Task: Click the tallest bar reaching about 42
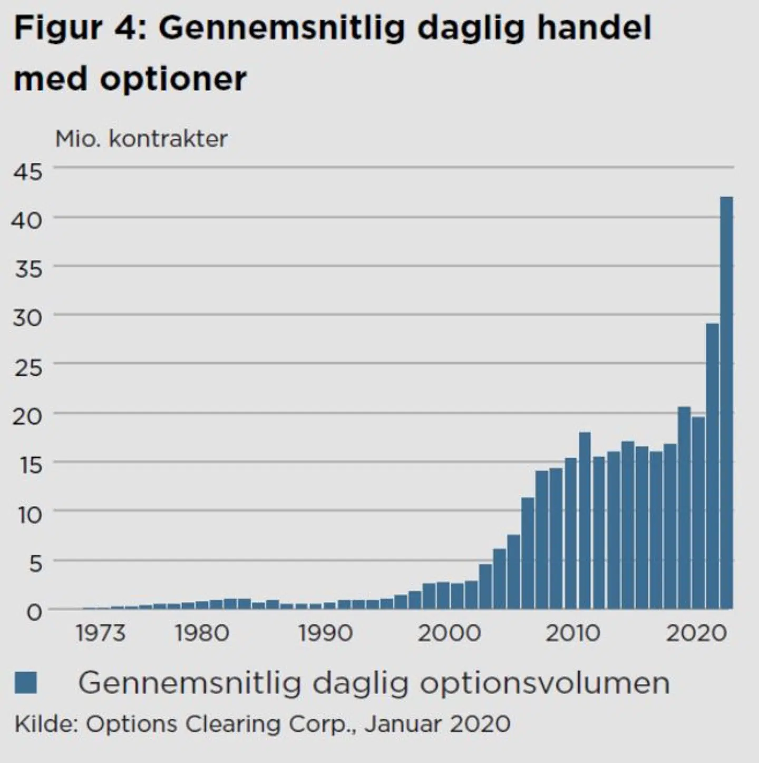[726, 403]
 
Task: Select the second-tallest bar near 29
[712, 467]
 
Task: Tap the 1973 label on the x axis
[101, 633]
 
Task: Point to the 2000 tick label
[449, 633]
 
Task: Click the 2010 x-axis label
[572, 633]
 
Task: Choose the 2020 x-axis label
[696, 633]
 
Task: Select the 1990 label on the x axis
[325, 633]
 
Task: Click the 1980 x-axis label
[202, 633]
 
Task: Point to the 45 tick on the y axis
[28, 171]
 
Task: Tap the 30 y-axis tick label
[28, 318]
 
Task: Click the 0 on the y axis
[34, 612]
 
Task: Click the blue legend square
[26, 682]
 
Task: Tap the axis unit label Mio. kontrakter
[141, 139]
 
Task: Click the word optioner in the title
[173, 79]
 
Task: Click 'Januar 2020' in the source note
[437, 723]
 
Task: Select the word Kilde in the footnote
[44, 723]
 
